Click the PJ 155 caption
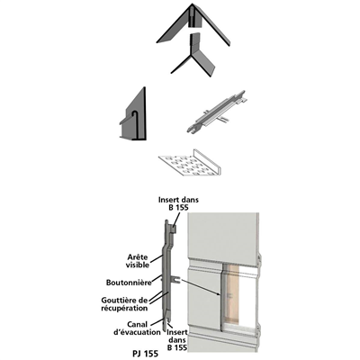point(145,354)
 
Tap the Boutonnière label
point(129,283)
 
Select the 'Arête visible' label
point(138,261)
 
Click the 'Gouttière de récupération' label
point(124,304)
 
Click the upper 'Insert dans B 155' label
point(178,203)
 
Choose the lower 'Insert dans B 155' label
point(177,340)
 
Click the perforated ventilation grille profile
point(190,163)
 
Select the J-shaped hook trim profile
point(133,114)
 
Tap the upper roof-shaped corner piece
point(193,24)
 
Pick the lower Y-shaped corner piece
point(193,56)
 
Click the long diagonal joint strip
point(216,112)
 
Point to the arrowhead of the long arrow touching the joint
point(222,295)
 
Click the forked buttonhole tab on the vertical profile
point(176,279)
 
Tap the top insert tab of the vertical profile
point(173,229)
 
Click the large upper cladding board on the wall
point(223,236)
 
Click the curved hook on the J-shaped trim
point(135,115)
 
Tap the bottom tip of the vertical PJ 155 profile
point(166,330)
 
